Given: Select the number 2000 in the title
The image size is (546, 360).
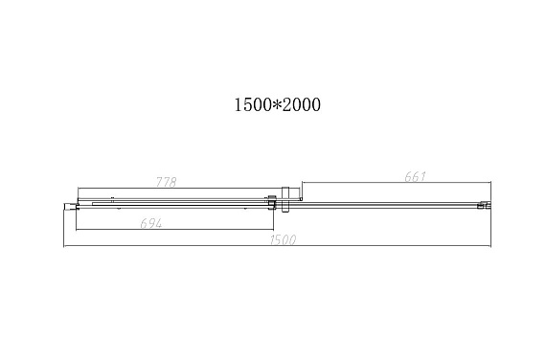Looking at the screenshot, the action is click(x=302, y=104).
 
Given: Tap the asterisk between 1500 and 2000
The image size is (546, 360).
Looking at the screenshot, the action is click(x=278, y=104).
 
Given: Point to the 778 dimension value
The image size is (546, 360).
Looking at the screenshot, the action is click(x=166, y=182).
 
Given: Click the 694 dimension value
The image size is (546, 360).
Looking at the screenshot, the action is click(x=151, y=223).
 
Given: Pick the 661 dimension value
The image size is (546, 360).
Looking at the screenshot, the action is click(x=415, y=176).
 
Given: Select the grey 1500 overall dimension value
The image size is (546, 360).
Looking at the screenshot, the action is click(x=283, y=239).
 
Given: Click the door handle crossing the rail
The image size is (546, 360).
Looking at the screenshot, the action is click(x=285, y=200).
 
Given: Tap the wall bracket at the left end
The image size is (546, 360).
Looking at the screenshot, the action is click(x=70, y=207).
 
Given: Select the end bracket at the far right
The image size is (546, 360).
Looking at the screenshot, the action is click(x=485, y=205).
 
